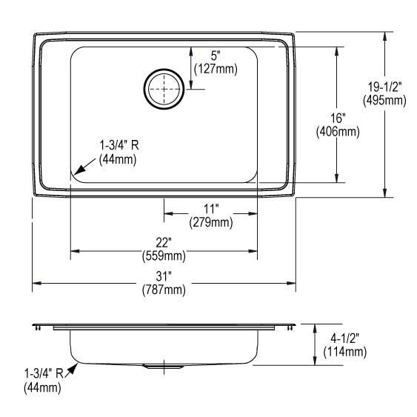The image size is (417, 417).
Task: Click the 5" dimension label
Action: click(216, 56)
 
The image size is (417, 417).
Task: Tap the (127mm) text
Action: click(216, 70)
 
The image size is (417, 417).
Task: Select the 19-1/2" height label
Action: click(384, 87)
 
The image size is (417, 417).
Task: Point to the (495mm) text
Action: click(384, 100)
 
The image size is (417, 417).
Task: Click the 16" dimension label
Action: click(338, 118)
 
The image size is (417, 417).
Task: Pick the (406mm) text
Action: click(338, 131)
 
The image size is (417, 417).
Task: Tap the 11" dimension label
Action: click(211, 209)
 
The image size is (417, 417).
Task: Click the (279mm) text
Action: click(211, 222)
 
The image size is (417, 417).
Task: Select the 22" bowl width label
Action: click(164, 242)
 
